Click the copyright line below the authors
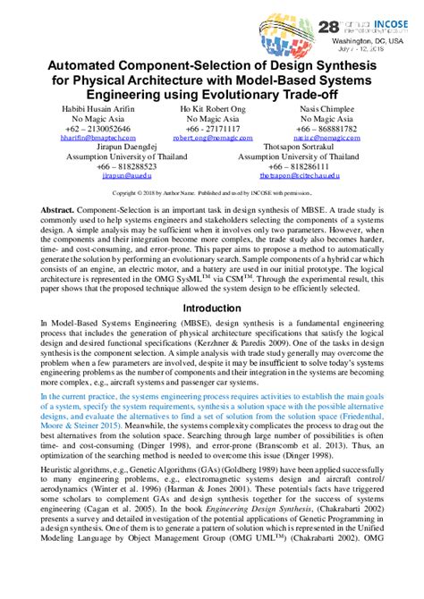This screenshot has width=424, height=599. click(x=212, y=191)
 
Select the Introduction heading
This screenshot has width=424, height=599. click(x=212, y=307)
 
